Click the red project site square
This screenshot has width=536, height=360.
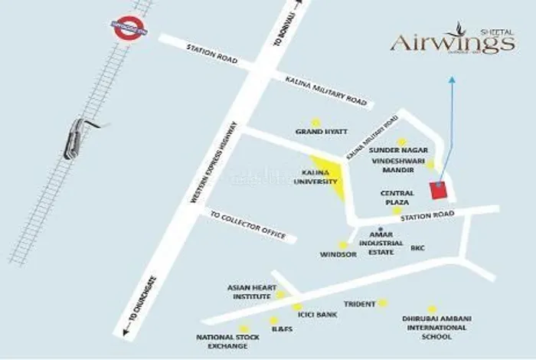click(x=438, y=190)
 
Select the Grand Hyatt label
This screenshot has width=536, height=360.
click(x=316, y=133)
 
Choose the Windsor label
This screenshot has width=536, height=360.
click(x=338, y=254)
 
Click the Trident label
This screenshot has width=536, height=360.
click(x=359, y=304)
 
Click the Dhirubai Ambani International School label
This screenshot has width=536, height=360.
click(x=434, y=327)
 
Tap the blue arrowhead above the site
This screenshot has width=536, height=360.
click(x=452, y=79)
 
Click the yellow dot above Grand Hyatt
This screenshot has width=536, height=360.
click(x=315, y=121)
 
